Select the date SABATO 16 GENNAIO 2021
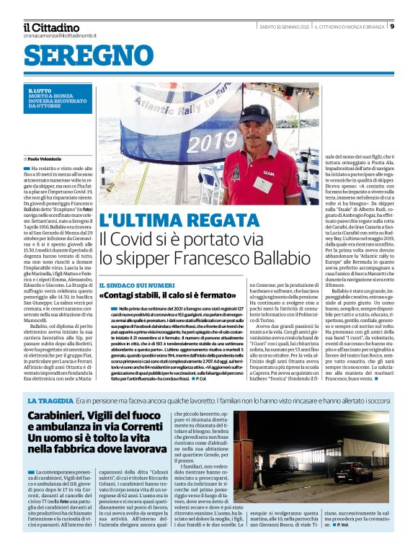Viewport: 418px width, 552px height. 286,27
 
